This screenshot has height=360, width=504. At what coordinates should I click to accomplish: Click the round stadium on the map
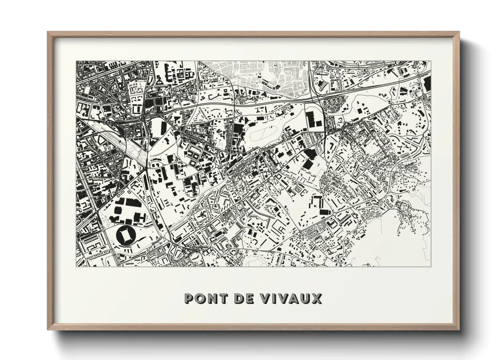point(125,234)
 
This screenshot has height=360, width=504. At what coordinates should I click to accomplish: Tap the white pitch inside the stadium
point(125,234)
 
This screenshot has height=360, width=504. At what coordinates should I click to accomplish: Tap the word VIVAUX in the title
point(291,298)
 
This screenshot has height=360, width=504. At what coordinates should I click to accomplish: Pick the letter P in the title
point(188,298)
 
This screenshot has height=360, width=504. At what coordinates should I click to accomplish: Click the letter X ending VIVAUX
point(317,298)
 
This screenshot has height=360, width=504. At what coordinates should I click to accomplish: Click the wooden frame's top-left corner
point(48,32)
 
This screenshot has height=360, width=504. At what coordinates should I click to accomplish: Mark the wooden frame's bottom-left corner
point(48,330)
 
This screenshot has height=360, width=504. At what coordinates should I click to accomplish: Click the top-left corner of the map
point(76,61)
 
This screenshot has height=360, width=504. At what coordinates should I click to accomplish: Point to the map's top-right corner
point(431,61)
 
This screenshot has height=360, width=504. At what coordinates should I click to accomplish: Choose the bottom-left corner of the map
point(76,266)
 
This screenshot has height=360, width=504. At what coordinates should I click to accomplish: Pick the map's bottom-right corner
point(431,266)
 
